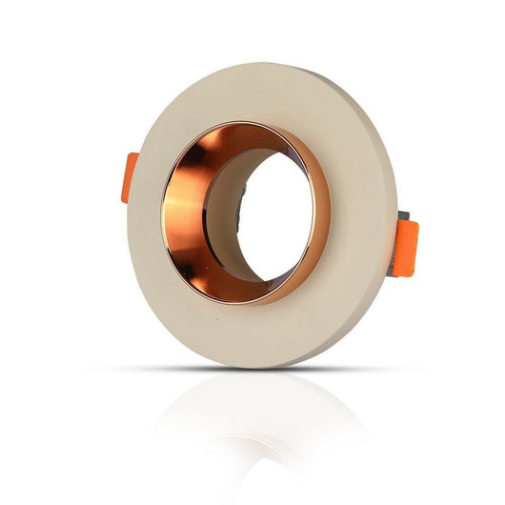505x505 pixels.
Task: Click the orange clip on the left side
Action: click(131, 178)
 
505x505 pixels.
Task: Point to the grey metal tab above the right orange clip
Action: click(402, 218)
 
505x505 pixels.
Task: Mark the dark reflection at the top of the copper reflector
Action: click(229, 143)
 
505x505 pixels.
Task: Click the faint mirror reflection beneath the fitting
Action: click(257, 419)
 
